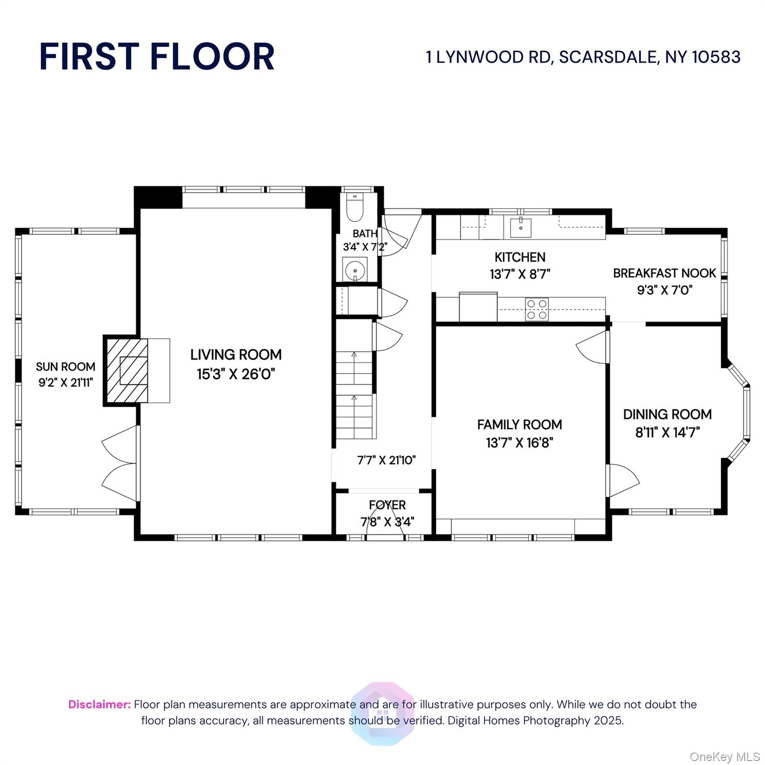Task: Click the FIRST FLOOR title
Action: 157,56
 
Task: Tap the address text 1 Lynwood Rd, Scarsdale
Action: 583,57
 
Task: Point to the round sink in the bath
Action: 355,270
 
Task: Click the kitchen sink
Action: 520,228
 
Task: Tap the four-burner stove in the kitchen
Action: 537,309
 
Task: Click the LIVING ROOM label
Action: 236,355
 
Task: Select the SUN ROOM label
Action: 65,367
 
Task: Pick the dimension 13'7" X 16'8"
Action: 519,442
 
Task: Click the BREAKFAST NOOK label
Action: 664,273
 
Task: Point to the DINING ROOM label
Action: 667,414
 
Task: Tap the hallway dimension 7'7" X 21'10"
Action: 386,460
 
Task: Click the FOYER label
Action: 387,505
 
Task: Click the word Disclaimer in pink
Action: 99,704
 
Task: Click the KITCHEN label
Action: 519,257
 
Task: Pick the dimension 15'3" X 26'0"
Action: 236,374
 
